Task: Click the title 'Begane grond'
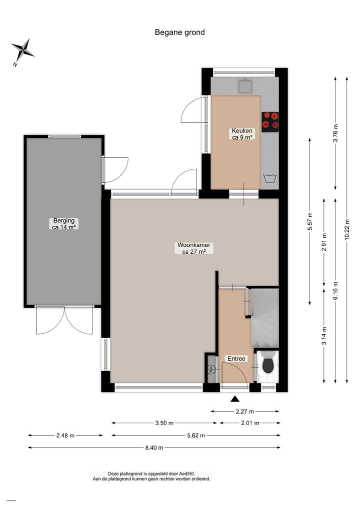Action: click(179, 32)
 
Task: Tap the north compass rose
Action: click(22, 50)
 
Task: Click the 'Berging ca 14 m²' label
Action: click(64, 223)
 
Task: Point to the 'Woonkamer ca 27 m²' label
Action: click(194, 248)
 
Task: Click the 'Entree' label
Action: click(236, 359)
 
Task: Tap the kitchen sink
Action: click(245, 86)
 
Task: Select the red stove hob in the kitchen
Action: click(270, 121)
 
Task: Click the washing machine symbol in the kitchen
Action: click(270, 178)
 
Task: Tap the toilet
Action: click(267, 365)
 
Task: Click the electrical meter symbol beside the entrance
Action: click(211, 370)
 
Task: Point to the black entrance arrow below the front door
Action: click(234, 399)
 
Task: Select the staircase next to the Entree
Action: click(264, 318)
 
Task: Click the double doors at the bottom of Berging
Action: click(64, 320)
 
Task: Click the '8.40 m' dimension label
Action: click(154, 448)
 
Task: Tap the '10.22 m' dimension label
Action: click(347, 229)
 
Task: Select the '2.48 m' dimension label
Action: click(65, 436)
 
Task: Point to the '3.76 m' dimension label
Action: click(335, 133)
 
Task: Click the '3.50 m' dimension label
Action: click(164, 423)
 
